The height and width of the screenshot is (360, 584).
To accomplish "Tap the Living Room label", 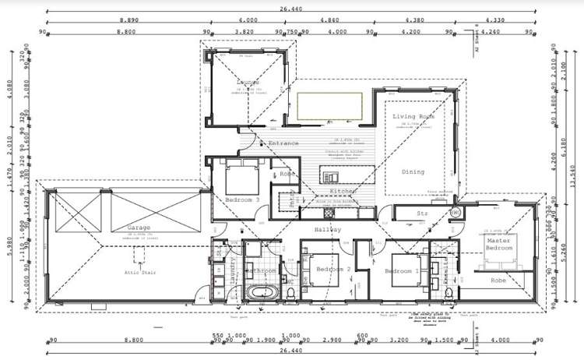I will click(413, 117).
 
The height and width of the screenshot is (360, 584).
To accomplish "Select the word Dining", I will click(413, 172).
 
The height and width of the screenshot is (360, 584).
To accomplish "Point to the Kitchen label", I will click(343, 191).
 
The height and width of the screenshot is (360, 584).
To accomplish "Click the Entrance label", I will click(283, 143).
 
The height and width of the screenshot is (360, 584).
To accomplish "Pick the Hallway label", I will click(328, 230).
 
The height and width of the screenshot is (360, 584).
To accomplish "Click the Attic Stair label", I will click(140, 273).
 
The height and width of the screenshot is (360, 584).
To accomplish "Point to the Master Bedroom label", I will click(498, 245).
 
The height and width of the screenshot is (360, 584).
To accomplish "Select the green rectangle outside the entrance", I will click(330, 106).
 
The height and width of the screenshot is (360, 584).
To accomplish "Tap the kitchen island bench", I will click(349, 172).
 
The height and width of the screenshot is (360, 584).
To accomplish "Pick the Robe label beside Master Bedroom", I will click(498, 280).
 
